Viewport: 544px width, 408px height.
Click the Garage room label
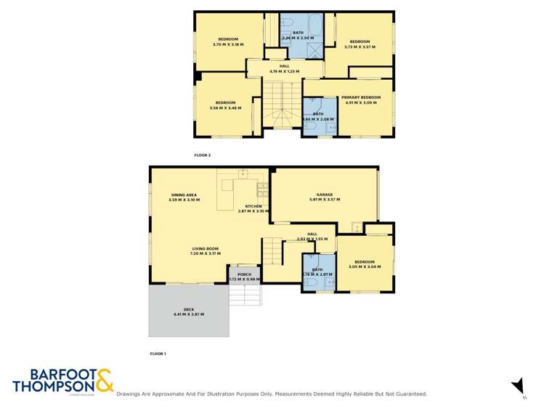click(x=325, y=195)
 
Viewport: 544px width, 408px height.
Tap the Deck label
click(x=188, y=310)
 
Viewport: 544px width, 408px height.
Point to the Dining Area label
click(x=184, y=195)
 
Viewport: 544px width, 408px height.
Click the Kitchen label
click(x=253, y=206)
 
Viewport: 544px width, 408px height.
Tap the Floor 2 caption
click(x=202, y=155)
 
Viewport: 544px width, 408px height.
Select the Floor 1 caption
click(x=158, y=354)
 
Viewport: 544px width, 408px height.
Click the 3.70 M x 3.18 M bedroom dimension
click(x=228, y=45)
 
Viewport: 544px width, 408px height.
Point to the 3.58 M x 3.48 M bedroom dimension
click(x=224, y=109)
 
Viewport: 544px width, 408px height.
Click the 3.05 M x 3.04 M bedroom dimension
click(x=364, y=267)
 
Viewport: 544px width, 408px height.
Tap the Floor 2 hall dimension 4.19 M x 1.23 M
click(x=284, y=71)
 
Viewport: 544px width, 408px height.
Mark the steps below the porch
click(x=245, y=293)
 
